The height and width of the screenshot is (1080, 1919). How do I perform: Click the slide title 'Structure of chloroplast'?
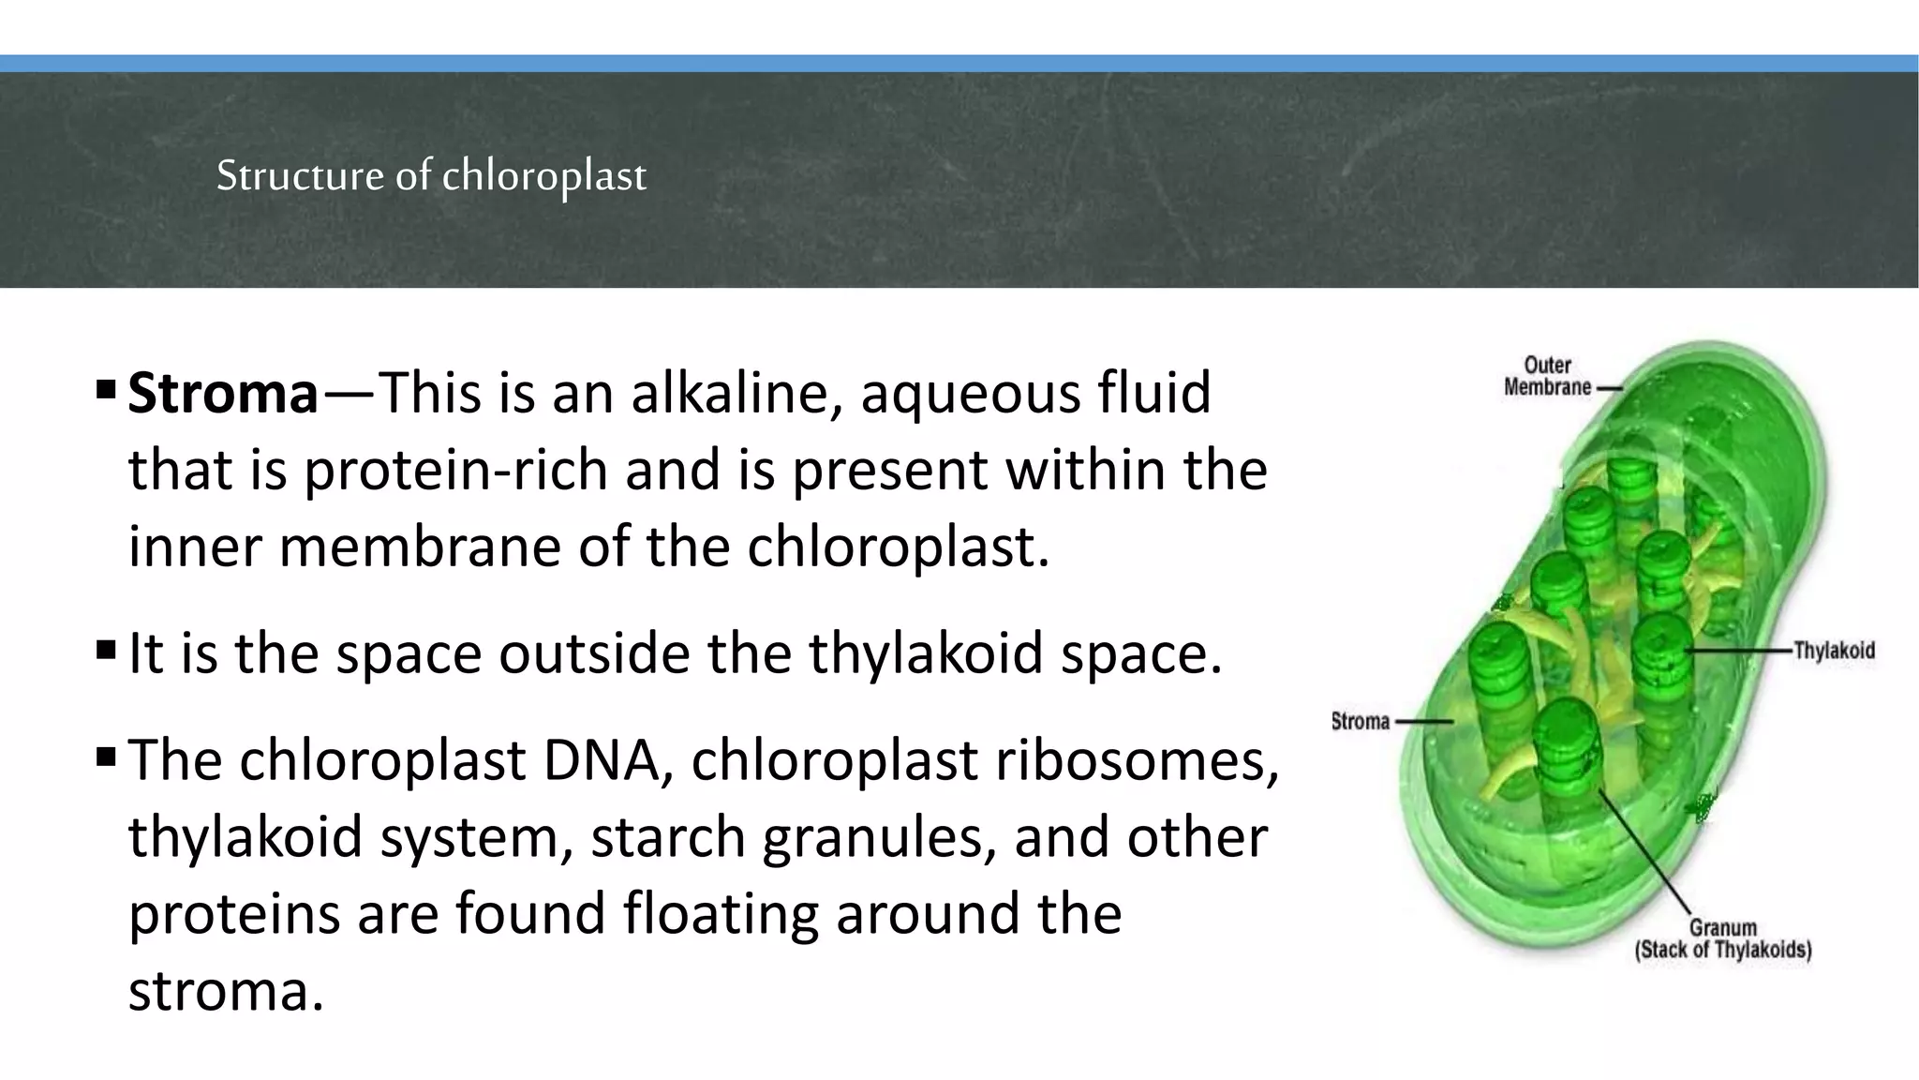pyautogui.click(x=431, y=175)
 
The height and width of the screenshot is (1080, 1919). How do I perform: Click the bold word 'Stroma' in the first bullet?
pyautogui.click(x=223, y=393)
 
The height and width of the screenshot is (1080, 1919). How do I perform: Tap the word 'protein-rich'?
pyautogui.click(x=456, y=470)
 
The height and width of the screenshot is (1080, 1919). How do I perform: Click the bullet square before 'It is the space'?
pyautogui.click(x=105, y=649)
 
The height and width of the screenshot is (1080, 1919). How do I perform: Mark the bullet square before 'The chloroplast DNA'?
pyautogui.click(x=105, y=756)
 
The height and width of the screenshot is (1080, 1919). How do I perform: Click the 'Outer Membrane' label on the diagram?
pyautogui.click(x=1547, y=376)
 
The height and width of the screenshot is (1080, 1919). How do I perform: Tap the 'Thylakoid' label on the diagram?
pyautogui.click(x=1834, y=651)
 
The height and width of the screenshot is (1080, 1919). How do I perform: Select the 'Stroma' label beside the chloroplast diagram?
pyautogui.click(x=1360, y=721)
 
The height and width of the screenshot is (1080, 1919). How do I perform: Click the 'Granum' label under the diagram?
pyautogui.click(x=1722, y=927)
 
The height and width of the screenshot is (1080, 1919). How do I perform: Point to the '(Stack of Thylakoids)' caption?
pyautogui.click(x=1722, y=950)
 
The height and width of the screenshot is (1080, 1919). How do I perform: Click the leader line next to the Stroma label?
pyautogui.click(x=1424, y=722)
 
